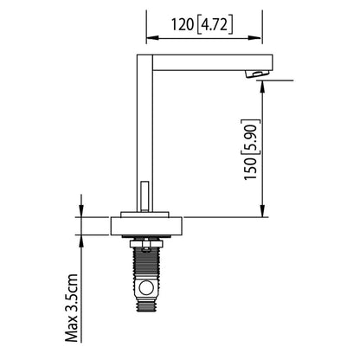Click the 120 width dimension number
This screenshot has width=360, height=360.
[183, 24]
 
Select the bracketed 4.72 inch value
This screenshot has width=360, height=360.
[215, 25]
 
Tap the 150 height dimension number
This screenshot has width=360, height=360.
[250, 169]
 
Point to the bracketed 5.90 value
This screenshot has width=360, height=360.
[251, 137]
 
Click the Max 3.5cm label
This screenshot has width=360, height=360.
[72, 308]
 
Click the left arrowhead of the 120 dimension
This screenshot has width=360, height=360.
[152, 38]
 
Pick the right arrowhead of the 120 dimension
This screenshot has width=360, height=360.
[256, 38]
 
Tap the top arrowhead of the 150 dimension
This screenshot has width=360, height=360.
[262, 87]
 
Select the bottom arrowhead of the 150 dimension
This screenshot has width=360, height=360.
[262, 211]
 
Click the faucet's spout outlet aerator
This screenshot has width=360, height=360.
[257, 74]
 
